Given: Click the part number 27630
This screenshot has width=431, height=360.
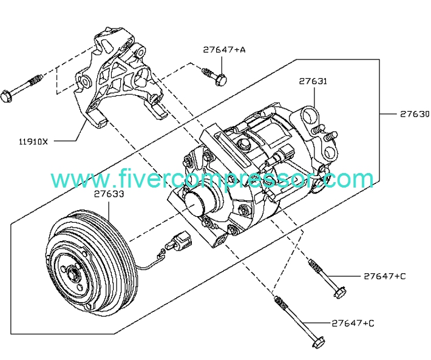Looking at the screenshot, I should (x=414, y=114).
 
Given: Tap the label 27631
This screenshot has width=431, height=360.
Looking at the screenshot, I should (x=313, y=80).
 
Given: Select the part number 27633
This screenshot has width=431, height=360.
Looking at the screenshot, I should (x=109, y=195).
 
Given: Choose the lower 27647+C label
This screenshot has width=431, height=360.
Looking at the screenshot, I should (x=353, y=322).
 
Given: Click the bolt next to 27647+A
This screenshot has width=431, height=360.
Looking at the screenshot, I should (x=215, y=76).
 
